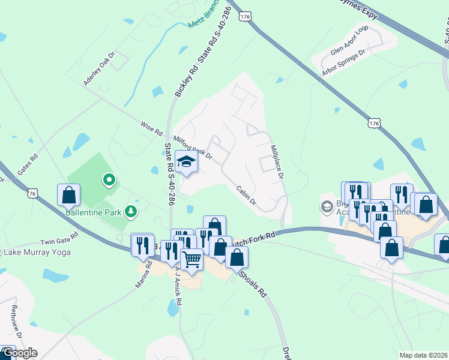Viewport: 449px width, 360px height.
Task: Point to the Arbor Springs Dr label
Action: (x=343, y=63)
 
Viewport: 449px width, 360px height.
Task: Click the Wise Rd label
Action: (x=151, y=127)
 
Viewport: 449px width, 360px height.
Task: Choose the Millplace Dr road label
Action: (x=276, y=163)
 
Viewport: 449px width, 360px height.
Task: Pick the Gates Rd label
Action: (x=28, y=164)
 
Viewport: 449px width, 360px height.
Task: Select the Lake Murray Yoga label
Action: (x=37, y=252)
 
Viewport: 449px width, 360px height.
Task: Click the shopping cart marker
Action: (x=191, y=260)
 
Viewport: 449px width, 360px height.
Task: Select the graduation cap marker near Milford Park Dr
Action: (x=187, y=163)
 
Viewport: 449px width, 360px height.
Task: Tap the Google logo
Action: (x=19, y=353)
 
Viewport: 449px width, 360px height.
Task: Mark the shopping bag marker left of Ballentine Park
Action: (x=69, y=194)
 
